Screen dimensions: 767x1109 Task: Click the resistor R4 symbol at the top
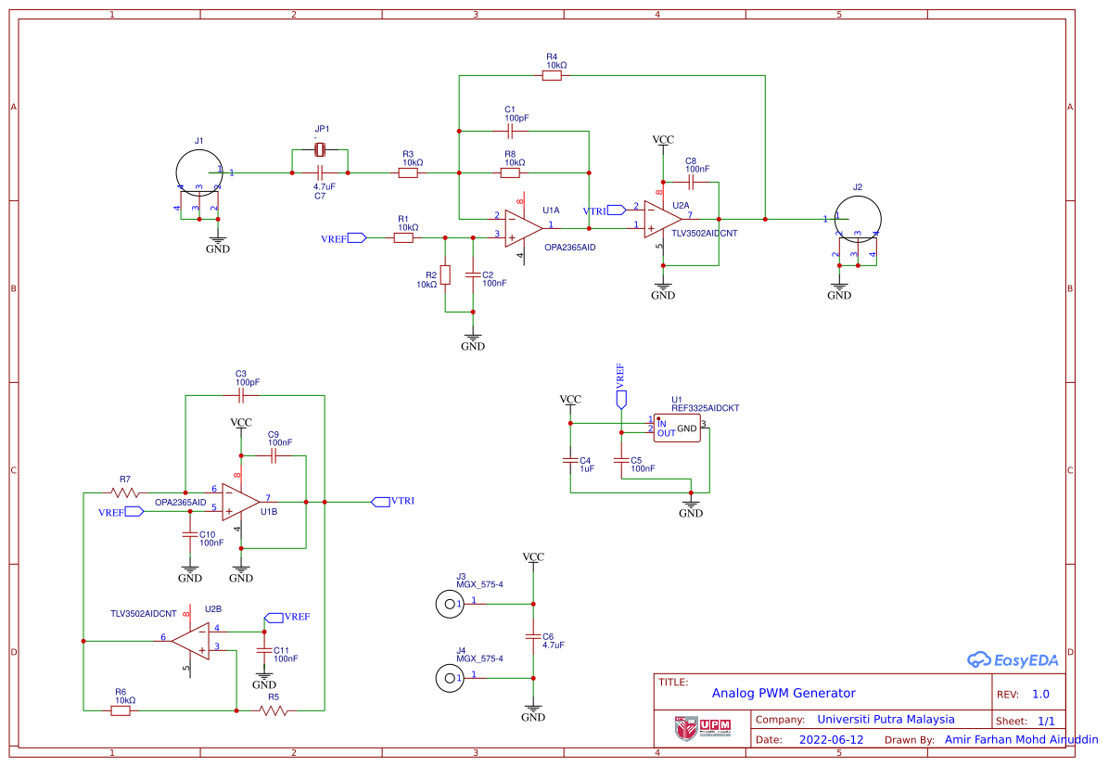(x=552, y=76)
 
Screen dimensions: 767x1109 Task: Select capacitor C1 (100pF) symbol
(x=510, y=131)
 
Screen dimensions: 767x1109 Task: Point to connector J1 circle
(x=198, y=173)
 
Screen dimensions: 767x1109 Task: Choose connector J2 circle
(x=858, y=219)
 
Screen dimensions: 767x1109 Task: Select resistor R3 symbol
(x=408, y=173)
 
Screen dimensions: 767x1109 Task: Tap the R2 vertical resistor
(x=445, y=275)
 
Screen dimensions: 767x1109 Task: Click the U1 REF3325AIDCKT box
(x=677, y=428)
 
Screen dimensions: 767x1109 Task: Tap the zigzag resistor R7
(x=125, y=492)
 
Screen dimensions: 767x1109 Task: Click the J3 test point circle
(x=450, y=604)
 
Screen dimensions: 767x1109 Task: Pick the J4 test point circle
(x=450, y=678)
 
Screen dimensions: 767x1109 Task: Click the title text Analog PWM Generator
(x=784, y=693)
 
